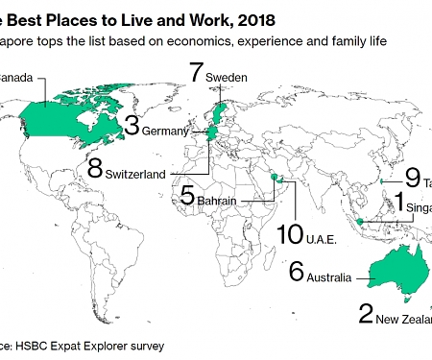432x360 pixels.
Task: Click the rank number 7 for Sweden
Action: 197,72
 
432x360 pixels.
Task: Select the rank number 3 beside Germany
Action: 132,126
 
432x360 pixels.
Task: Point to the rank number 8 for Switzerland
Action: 94,167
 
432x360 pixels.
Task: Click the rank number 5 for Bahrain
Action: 188,195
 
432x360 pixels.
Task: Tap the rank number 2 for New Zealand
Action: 365,313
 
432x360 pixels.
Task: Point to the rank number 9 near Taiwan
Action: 412,177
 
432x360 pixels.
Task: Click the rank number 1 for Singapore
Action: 400,202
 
